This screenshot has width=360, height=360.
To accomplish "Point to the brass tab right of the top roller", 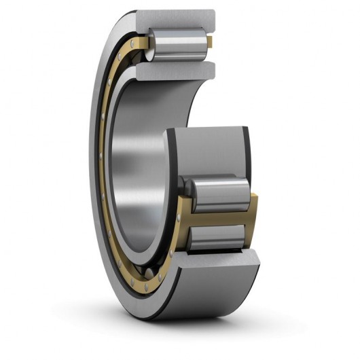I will pyautogui.click(x=210, y=42).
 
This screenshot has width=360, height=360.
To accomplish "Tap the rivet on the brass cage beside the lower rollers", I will pyautogui.click(x=178, y=217).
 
